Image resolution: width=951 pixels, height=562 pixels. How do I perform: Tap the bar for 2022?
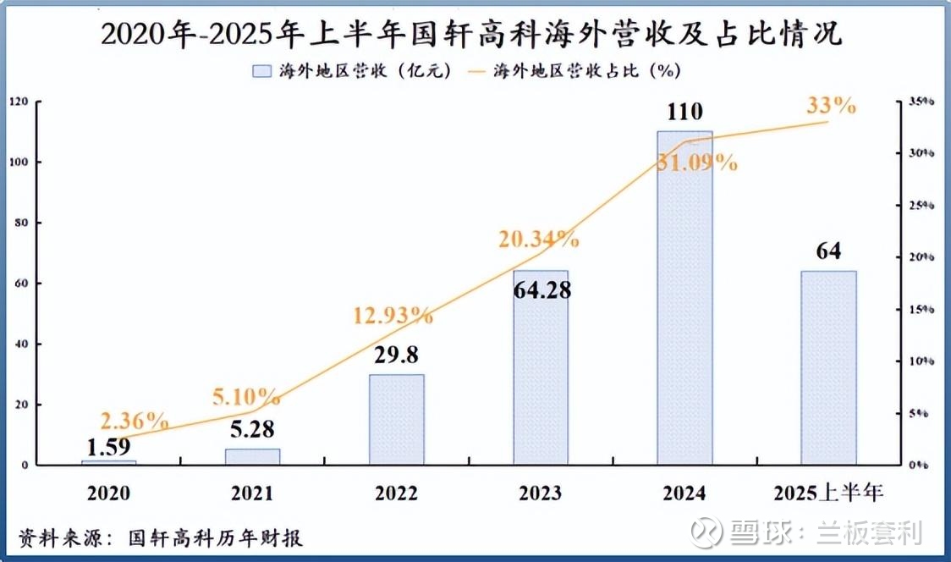397,420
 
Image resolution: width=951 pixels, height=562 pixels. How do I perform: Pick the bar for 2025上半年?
828,368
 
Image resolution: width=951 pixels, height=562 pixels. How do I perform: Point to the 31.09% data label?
697,163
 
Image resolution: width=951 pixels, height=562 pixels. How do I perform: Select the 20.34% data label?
538,240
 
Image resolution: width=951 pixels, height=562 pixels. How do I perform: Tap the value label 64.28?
541,290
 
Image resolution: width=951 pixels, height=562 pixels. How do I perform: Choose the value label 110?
684,113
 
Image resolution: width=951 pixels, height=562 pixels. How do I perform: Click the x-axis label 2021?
252,493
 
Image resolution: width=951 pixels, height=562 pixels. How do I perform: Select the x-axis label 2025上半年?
828,493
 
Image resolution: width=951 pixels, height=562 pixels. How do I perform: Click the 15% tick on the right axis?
919,310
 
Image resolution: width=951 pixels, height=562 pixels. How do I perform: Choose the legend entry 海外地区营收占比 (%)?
575,71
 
